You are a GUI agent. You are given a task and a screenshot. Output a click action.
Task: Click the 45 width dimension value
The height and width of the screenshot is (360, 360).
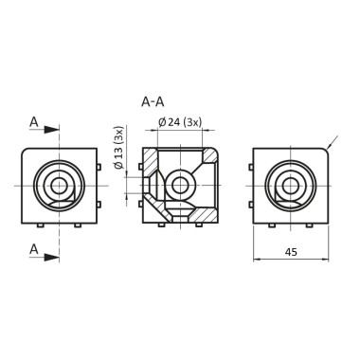(292, 251)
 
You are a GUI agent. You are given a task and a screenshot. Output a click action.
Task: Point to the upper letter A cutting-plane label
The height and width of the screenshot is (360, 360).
(34, 122)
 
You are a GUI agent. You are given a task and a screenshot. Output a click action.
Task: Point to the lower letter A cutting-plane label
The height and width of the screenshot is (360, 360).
(34, 249)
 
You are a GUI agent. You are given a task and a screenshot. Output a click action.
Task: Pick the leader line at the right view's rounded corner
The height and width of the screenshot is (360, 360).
(331, 143)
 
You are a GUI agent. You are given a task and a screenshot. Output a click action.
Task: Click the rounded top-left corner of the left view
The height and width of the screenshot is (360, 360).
(25, 152)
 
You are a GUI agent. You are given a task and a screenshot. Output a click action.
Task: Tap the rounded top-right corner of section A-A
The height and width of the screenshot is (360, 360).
(215, 152)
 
